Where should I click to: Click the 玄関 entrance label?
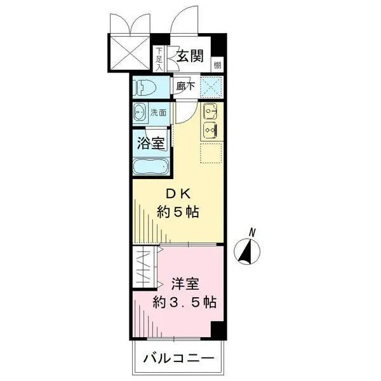(x=190, y=57)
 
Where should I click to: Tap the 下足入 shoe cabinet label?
(x=159, y=58)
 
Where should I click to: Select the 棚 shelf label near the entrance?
(x=218, y=63)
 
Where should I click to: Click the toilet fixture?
(x=145, y=88)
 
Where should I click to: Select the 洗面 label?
(x=158, y=113)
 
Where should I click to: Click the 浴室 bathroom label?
(x=151, y=142)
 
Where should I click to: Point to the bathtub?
(x=150, y=168)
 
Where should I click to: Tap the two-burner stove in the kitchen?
(x=210, y=131)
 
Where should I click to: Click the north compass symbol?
(x=244, y=251)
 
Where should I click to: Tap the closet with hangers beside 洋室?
(x=146, y=269)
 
